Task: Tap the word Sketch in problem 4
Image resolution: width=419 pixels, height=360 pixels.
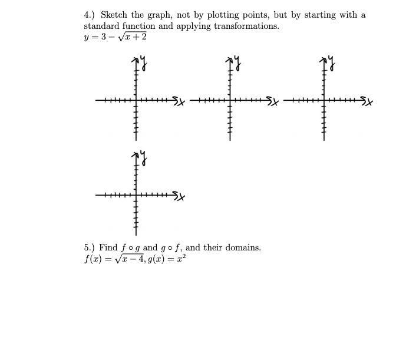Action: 114,15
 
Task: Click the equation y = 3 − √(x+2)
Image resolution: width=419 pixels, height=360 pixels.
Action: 116,37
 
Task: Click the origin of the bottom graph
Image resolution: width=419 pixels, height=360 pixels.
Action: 135,195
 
